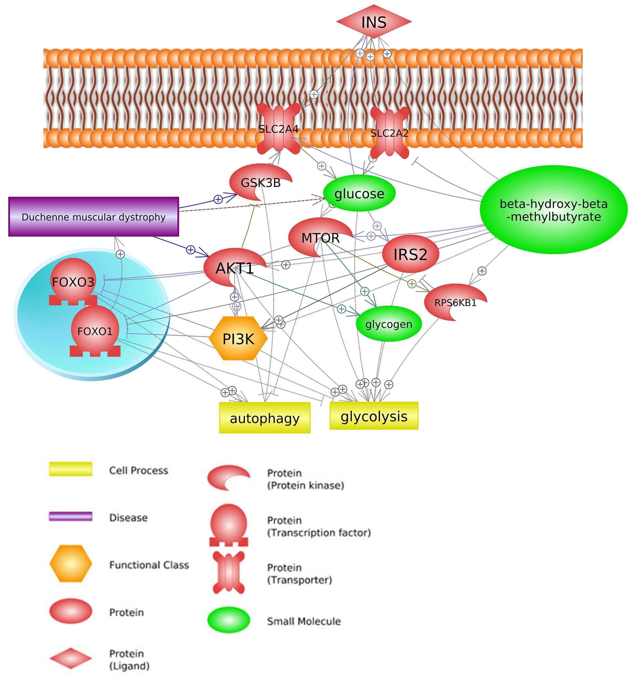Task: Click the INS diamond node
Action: click(x=374, y=22)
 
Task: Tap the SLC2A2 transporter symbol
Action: click(x=389, y=133)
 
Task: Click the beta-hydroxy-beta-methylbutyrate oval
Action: click(x=553, y=210)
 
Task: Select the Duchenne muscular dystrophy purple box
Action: click(x=94, y=217)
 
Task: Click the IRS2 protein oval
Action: click(x=410, y=254)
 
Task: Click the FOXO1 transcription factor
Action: click(x=95, y=331)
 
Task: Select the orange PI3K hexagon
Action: click(x=238, y=339)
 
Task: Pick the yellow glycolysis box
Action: click(x=374, y=416)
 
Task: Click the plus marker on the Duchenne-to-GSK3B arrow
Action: click(x=218, y=199)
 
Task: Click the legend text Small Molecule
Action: click(x=304, y=621)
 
